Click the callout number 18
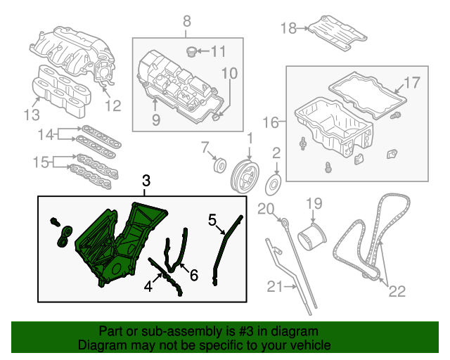tap(288, 28)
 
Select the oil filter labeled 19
tap(309, 232)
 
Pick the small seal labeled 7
tap(219, 167)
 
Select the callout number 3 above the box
tap(146, 182)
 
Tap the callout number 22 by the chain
tap(397, 291)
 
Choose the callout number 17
tap(411, 82)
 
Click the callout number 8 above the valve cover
tap(187, 22)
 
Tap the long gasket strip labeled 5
tap(227, 246)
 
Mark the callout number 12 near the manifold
tap(113, 106)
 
